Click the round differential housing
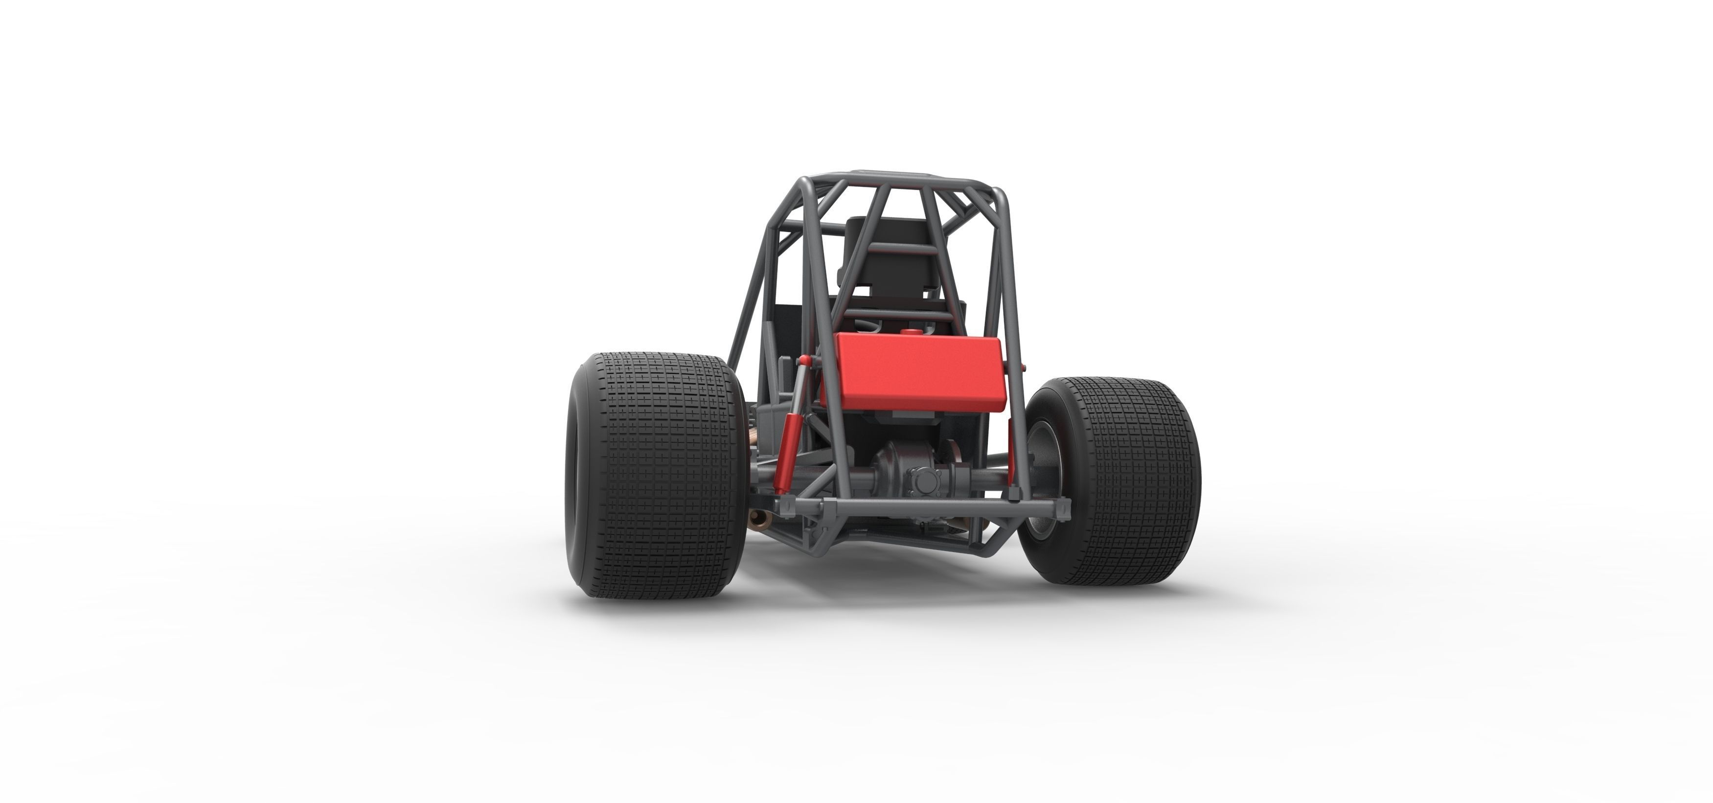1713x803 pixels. [x=894, y=466]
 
